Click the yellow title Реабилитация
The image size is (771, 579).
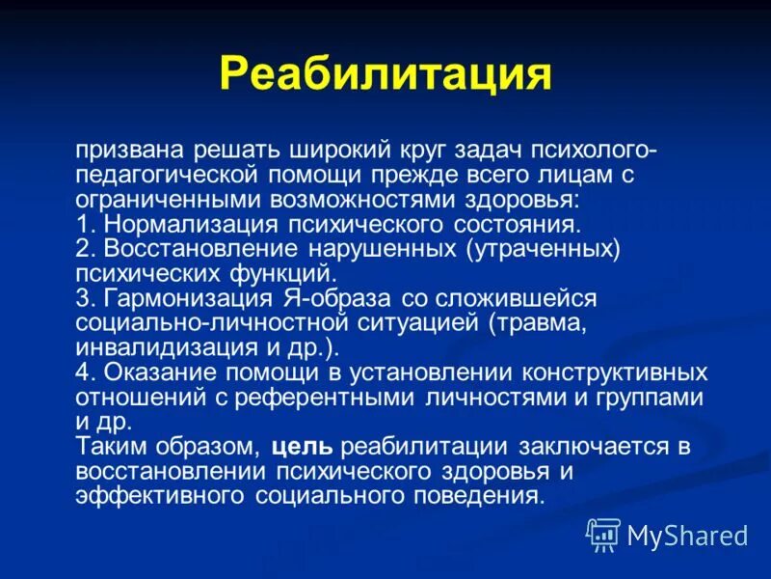click(385, 74)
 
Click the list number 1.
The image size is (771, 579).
click(82, 224)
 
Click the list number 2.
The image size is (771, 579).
click(83, 249)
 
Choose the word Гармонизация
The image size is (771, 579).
click(179, 298)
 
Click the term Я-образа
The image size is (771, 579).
click(318, 298)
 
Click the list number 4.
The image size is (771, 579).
click(83, 372)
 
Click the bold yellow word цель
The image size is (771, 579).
click(303, 447)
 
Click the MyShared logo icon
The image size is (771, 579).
click(603, 534)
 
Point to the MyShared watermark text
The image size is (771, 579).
click(687, 535)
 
